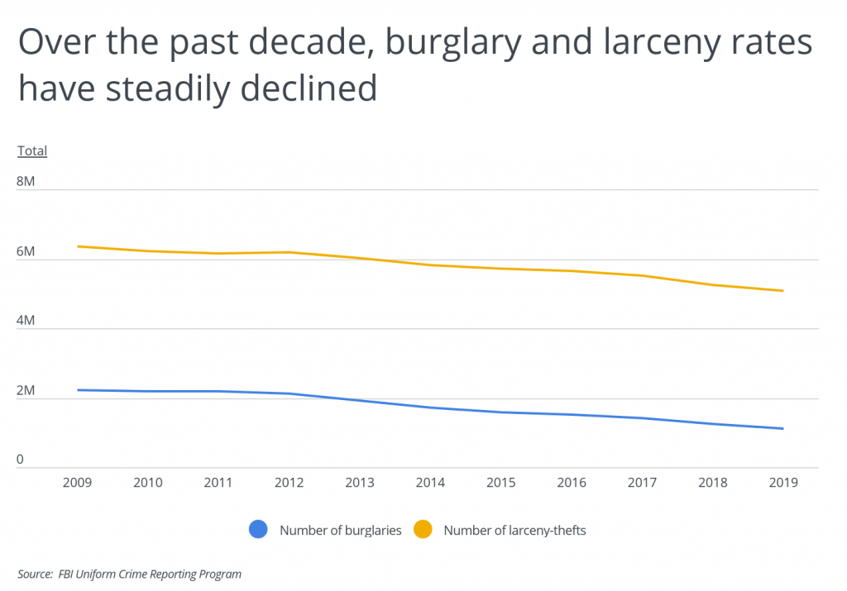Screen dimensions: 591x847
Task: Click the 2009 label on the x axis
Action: coord(78,483)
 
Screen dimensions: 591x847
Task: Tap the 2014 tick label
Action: coord(430,483)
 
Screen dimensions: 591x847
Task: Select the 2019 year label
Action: coord(782,483)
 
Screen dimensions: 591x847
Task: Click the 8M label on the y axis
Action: coord(26,181)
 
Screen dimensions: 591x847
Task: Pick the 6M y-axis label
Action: coord(26,250)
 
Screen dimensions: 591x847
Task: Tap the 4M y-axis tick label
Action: coord(26,320)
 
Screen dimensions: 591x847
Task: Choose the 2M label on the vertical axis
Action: coord(26,390)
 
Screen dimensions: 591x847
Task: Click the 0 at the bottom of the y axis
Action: coord(22,460)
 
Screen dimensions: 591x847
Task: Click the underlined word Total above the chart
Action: coord(32,151)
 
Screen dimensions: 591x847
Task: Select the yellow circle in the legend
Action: coord(423,530)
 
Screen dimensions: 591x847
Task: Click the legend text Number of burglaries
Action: coord(340,531)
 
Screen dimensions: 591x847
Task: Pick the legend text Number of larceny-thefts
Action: coord(514,531)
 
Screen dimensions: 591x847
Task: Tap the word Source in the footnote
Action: coord(34,574)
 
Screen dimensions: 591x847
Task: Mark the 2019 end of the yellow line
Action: coord(782,291)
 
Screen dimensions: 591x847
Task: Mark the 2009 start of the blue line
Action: coord(78,389)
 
